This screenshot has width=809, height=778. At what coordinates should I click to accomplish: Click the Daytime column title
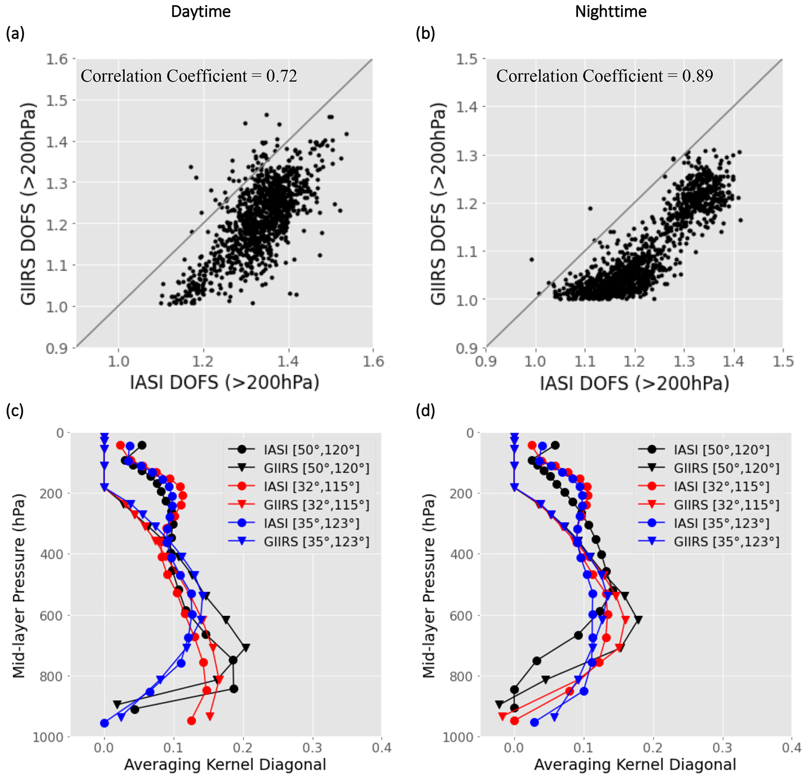[201, 12]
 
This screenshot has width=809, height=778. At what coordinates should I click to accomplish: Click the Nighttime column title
[611, 12]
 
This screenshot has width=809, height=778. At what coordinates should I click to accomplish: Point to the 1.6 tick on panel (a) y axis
[56, 59]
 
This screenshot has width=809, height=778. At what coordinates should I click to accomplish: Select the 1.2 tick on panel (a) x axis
[203, 362]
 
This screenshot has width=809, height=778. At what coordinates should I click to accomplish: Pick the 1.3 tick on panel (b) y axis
[467, 156]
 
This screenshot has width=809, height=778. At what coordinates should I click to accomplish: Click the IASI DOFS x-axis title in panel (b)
[634, 384]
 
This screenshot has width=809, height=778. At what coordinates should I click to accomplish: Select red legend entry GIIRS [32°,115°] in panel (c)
[316, 505]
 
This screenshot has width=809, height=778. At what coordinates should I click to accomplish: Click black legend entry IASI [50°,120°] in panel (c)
[312, 450]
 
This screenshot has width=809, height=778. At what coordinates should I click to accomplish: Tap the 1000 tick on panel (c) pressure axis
[48, 737]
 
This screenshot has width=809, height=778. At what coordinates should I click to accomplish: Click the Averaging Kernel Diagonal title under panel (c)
[225, 764]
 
